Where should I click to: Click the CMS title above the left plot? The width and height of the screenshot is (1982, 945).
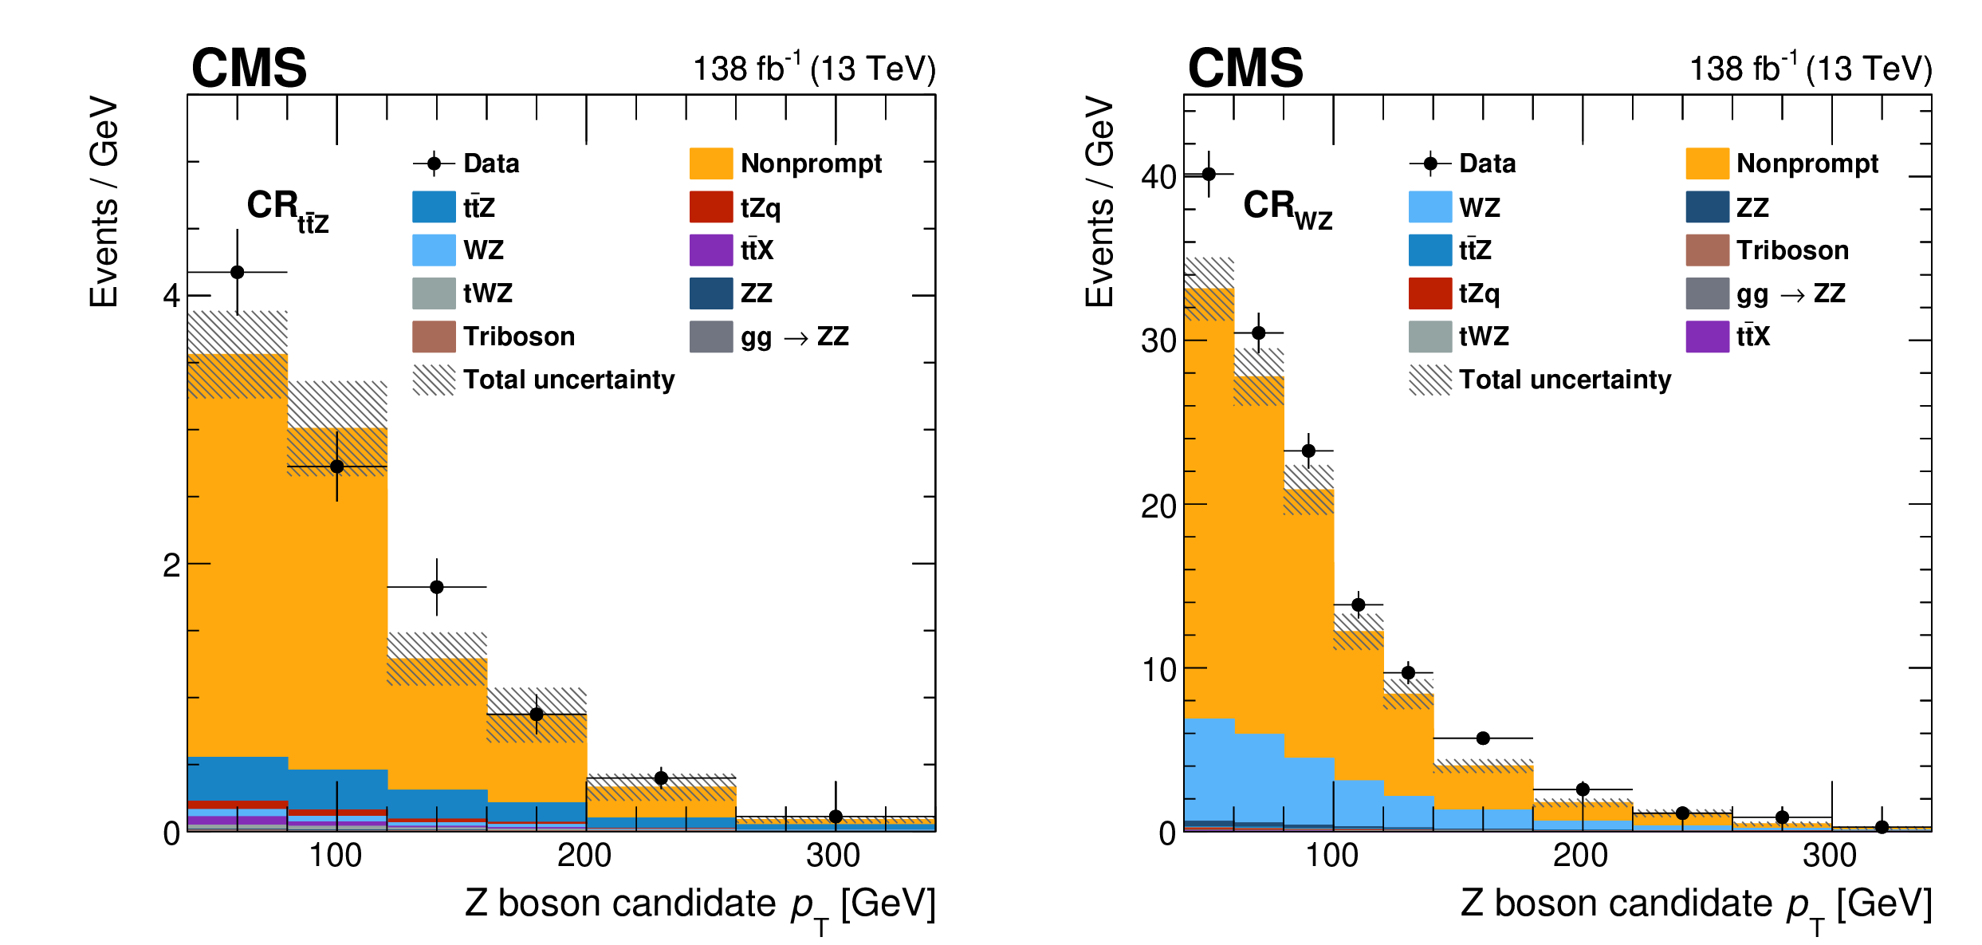(249, 68)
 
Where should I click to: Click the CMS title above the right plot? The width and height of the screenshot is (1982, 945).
(1245, 68)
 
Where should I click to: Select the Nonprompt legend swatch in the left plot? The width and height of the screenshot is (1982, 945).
(710, 163)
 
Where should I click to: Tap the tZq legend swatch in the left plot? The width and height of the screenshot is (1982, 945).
(710, 207)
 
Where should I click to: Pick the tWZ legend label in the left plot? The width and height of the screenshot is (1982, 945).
(487, 293)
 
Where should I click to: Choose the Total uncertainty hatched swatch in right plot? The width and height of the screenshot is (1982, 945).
(1429, 380)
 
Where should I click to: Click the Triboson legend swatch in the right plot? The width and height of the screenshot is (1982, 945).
(1707, 250)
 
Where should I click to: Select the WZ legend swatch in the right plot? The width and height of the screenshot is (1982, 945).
(1429, 207)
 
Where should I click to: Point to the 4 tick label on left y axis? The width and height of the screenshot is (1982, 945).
(171, 297)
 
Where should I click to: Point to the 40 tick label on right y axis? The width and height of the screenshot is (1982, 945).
(1158, 177)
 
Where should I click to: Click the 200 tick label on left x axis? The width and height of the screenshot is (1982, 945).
(584, 856)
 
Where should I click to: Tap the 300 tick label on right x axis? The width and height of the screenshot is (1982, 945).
(1830, 856)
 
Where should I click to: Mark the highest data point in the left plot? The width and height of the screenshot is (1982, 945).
(237, 272)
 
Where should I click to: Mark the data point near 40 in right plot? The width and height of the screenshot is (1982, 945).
(1209, 174)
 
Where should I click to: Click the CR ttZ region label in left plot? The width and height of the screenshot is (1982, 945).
(287, 211)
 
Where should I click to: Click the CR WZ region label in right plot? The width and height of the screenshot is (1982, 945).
(1287, 209)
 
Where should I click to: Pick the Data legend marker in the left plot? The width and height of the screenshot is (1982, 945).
(434, 163)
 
